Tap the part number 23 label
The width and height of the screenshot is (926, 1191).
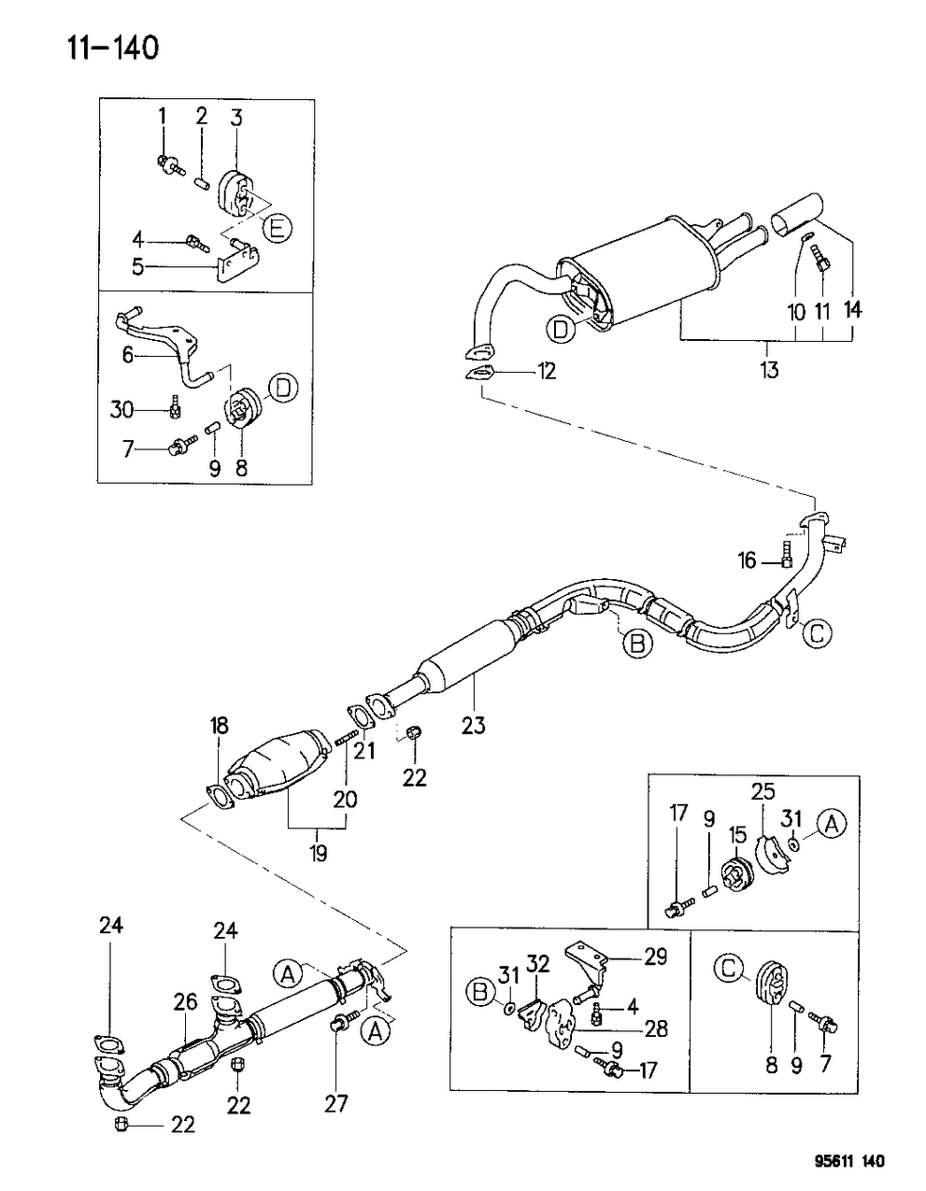point(474,724)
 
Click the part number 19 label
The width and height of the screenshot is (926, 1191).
point(318,854)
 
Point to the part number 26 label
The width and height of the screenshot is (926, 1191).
point(185,1002)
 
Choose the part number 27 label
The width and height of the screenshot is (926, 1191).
point(336,1103)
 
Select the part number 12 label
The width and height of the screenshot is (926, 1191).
point(546,372)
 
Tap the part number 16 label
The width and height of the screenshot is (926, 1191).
point(747,560)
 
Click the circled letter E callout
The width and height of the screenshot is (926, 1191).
point(277,226)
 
